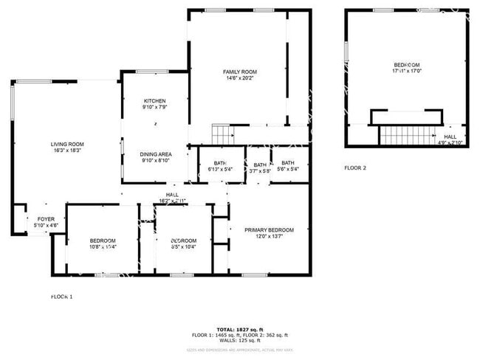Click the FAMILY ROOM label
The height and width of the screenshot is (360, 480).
(x=240, y=72)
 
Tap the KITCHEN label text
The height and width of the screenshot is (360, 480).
(x=154, y=101)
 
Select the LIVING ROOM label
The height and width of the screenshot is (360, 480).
(x=67, y=144)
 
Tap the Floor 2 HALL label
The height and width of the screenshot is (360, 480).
(x=450, y=136)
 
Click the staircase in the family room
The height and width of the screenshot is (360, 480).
(x=222, y=134)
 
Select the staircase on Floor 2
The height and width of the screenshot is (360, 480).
(x=405, y=135)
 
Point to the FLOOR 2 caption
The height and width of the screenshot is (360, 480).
(x=355, y=167)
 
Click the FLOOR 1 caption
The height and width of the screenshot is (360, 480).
(x=61, y=297)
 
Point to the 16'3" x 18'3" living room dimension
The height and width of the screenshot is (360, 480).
(x=67, y=150)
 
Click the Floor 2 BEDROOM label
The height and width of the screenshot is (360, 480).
(x=406, y=66)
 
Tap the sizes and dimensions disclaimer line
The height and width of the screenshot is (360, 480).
(x=239, y=348)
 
